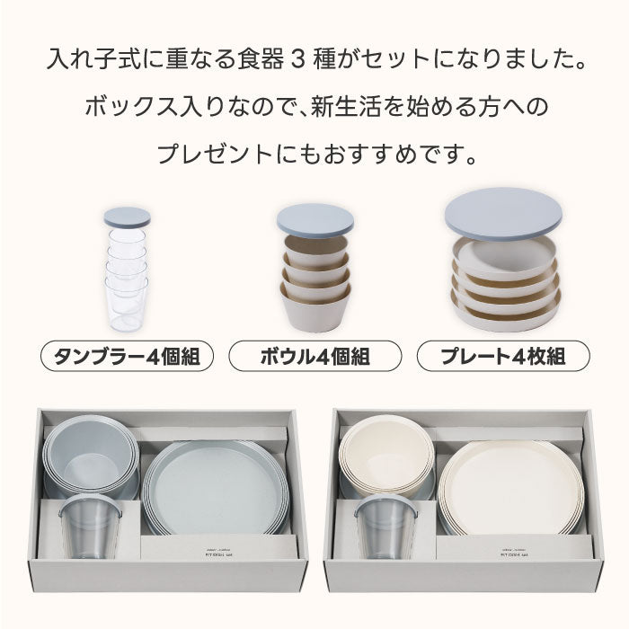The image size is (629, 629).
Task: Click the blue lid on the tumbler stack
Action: [x=127, y=217]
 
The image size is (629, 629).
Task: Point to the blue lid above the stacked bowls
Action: [x=314, y=219]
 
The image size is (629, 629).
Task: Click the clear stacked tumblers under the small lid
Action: [x=127, y=279]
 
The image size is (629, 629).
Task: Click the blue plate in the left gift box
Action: [x=216, y=485]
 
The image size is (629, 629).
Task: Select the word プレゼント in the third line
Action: [x=208, y=154]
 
